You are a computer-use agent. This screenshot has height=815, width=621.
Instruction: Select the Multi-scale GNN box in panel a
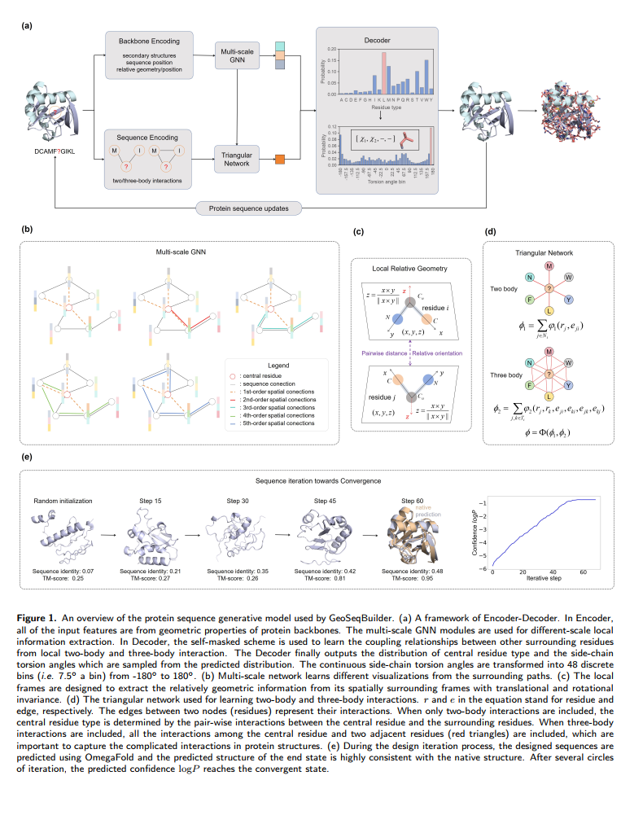pos(236,55)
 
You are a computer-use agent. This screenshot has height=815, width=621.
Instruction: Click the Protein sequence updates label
pos(248,208)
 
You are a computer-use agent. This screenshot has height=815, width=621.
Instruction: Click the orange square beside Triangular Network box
pos(280,159)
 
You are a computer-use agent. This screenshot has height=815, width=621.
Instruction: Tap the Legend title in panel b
pos(278,366)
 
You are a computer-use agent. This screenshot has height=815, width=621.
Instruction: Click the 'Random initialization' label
pos(64,501)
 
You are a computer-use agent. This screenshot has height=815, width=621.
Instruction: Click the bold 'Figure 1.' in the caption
pos(35,620)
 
